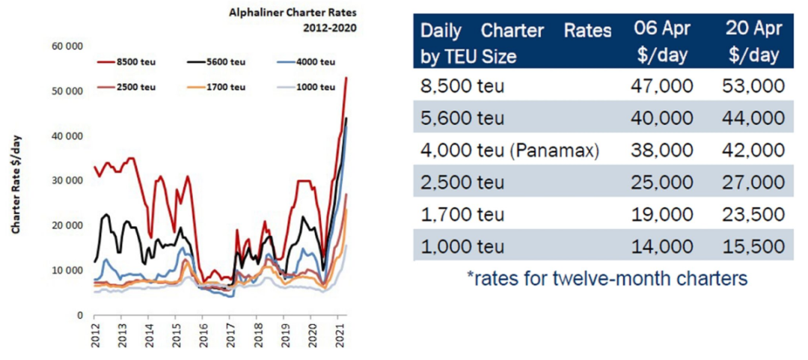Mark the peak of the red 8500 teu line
tap(346, 78)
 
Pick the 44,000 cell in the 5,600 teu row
tap(753, 118)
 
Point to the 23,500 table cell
tap(753, 215)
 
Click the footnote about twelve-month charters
tap(607, 279)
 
